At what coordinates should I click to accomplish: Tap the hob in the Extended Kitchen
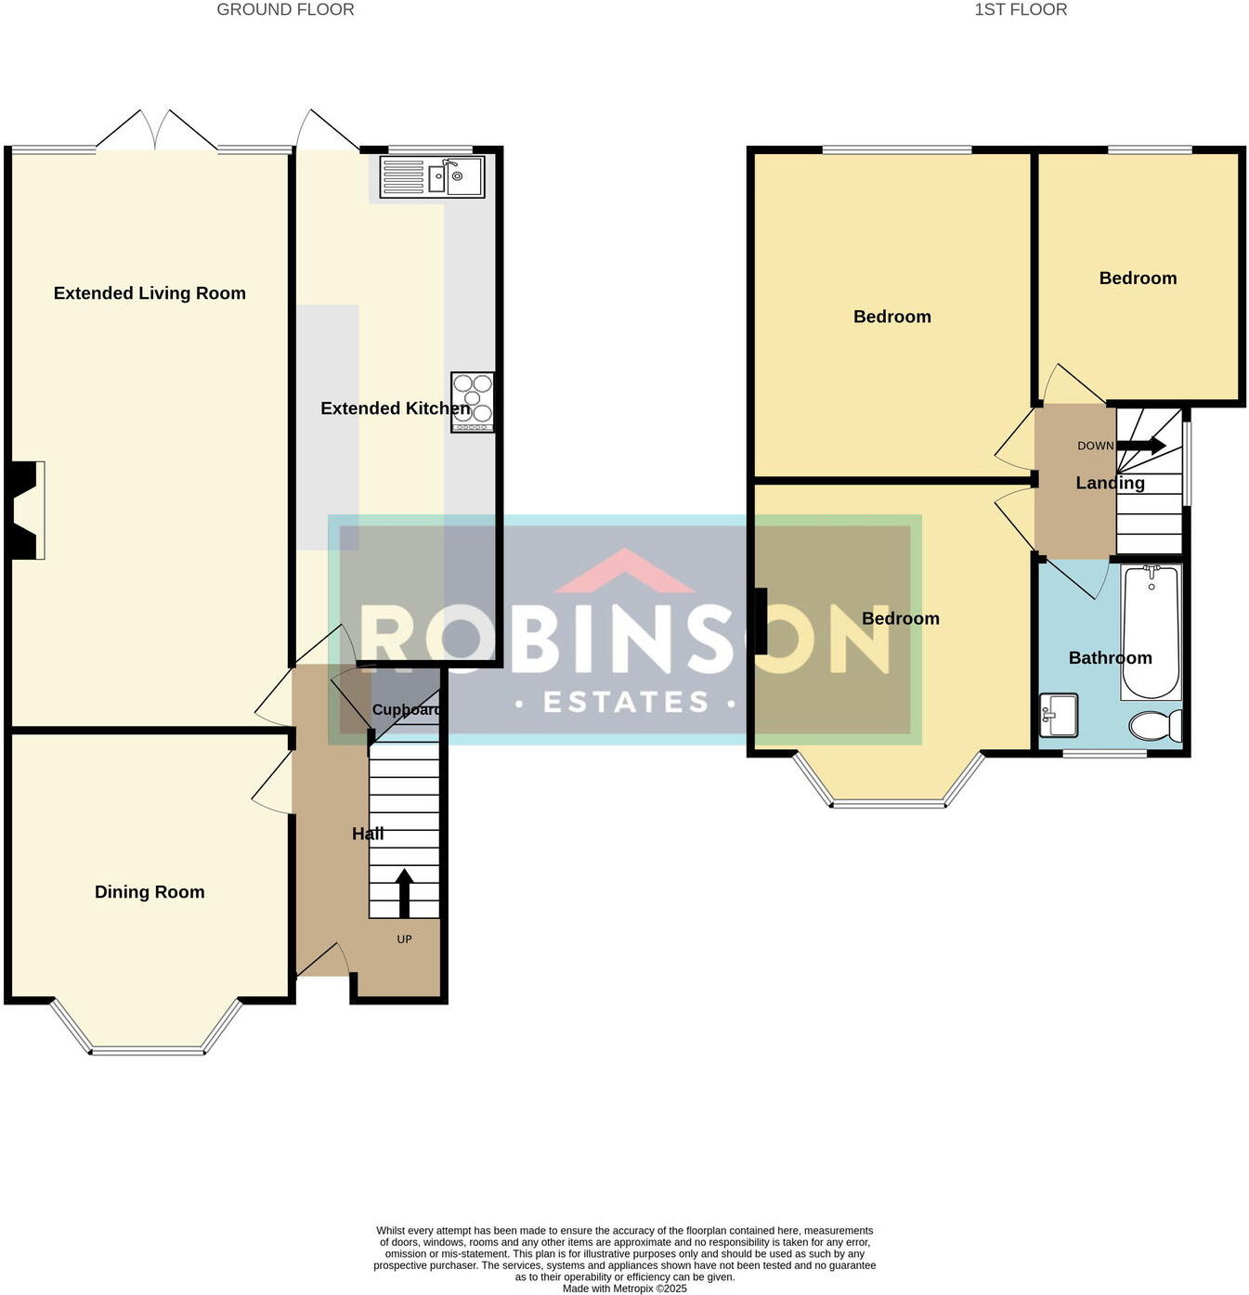tap(472, 401)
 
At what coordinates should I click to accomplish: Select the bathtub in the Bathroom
tap(1151, 631)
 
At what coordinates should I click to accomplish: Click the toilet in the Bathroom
tap(1155, 725)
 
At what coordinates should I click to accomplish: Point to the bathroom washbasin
tap(1058, 715)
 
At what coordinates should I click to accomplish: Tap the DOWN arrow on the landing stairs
tap(1141, 446)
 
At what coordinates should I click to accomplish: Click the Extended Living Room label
tap(150, 293)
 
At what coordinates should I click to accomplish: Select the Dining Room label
tap(150, 892)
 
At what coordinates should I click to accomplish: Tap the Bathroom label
tap(1110, 658)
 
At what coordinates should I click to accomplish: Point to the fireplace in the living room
tap(26, 511)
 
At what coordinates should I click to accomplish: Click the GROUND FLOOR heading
tap(285, 10)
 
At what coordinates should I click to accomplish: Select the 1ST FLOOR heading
tap(1021, 10)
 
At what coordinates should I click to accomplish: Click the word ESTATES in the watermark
tap(626, 702)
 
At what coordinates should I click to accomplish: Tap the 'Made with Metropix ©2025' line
tap(624, 1289)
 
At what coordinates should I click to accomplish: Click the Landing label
tap(1110, 483)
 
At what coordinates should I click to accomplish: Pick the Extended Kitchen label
tap(395, 408)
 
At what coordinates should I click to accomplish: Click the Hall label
tap(368, 834)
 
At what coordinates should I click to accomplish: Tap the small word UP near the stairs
tap(404, 939)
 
